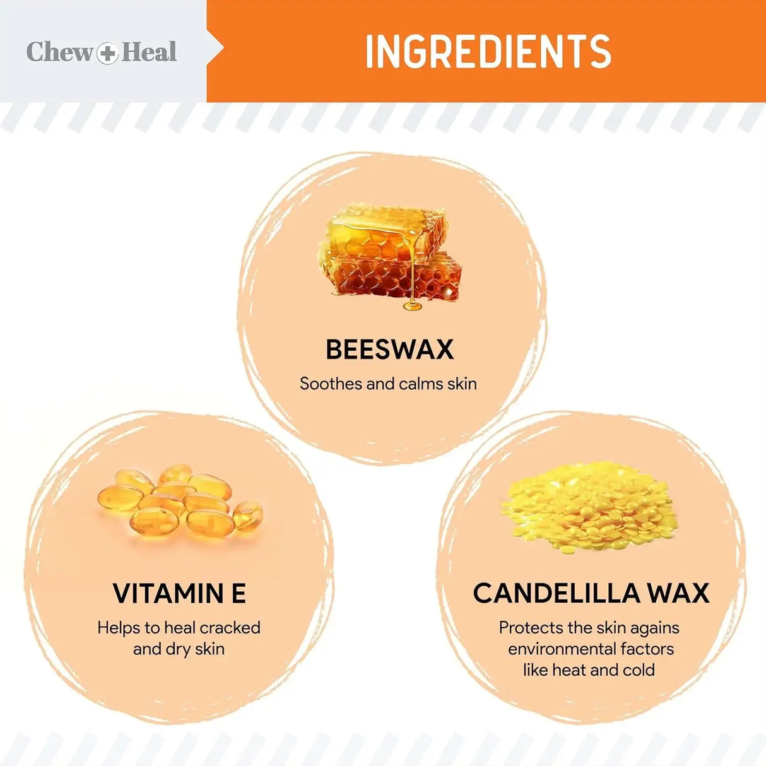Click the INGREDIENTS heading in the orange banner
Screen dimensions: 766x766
pos(488,52)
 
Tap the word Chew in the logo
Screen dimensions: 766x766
pos(59,52)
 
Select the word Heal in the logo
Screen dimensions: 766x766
pos(149,52)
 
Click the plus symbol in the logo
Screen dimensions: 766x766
pos(107,52)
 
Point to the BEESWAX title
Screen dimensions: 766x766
pos(389,350)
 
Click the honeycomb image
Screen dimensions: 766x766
pos(388,256)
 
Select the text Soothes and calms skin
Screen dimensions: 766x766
pos(388,384)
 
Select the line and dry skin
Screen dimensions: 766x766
pos(179,649)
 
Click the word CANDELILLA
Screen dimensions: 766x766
pos(548,594)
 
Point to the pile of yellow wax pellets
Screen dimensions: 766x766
pos(590,508)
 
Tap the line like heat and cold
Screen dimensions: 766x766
pos(589,670)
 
